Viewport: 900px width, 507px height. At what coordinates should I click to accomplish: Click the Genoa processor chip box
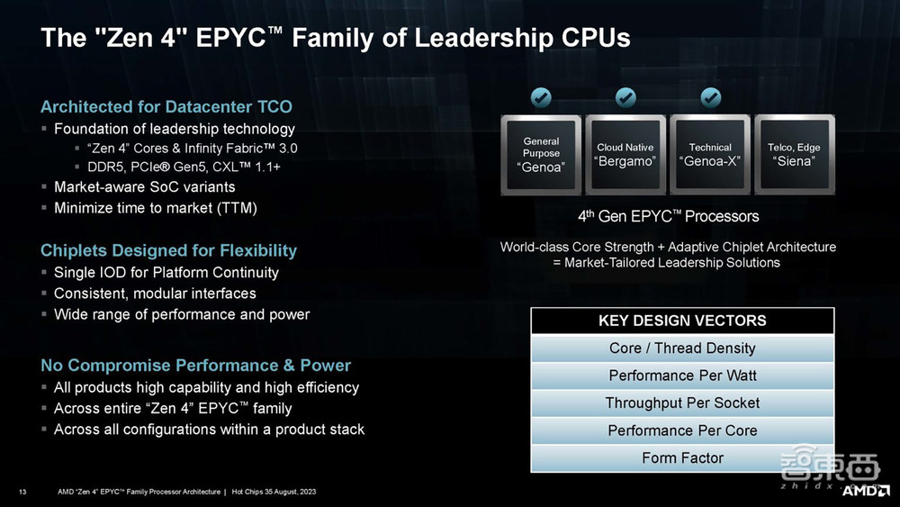[541, 155]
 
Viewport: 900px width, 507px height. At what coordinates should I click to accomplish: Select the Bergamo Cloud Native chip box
[625, 155]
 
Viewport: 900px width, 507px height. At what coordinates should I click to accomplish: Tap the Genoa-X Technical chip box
[710, 155]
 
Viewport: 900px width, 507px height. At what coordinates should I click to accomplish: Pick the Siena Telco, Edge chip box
[795, 155]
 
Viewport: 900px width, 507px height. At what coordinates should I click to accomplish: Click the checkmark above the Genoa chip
[541, 97]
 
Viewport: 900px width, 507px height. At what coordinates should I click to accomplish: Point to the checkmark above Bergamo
[625, 97]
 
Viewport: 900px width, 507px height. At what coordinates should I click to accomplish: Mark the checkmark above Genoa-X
[711, 97]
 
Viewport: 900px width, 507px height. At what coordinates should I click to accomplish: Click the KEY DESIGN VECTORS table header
[682, 321]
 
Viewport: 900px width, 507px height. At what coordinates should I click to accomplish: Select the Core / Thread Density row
[682, 348]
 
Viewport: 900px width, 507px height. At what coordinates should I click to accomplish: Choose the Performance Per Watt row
[682, 376]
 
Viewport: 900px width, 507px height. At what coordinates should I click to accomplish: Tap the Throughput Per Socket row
[682, 403]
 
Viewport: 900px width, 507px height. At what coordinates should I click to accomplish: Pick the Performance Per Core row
[682, 430]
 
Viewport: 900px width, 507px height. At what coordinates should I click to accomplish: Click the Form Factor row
[682, 457]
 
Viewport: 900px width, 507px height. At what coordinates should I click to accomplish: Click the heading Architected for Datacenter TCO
[166, 107]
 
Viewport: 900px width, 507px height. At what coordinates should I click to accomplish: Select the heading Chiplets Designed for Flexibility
[169, 250]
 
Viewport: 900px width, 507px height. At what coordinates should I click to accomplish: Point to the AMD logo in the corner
[866, 491]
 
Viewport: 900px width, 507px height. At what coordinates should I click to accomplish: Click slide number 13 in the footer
[22, 492]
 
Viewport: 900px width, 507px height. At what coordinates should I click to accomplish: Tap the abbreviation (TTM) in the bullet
[237, 208]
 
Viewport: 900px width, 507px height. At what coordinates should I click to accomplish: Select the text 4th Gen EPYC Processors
[668, 216]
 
